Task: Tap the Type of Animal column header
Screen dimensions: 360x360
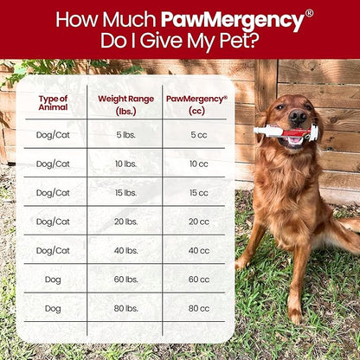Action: coord(53,104)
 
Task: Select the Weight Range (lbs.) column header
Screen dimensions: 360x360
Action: coord(125,104)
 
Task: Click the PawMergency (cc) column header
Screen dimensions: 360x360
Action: coord(198,104)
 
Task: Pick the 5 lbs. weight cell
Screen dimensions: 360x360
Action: coord(125,133)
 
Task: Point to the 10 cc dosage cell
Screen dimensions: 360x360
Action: coord(198,163)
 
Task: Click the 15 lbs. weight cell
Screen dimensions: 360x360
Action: coord(125,192)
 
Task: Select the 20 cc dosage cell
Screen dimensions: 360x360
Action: coord(198,222)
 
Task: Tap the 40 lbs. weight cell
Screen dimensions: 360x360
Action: coord(125,251)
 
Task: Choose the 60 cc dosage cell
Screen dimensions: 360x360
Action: coord(198,280)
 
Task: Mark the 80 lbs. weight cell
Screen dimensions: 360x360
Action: coord(125,309)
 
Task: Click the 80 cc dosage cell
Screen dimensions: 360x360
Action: coord(198,309)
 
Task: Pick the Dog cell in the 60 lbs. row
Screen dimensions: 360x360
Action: coord(53,280)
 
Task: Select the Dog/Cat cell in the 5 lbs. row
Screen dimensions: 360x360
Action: coord(53,133)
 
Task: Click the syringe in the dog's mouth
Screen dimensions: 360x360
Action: coord(282,132)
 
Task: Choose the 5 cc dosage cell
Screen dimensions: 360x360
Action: coord(198,133)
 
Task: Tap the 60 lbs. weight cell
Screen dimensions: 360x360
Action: coord(125,280)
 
